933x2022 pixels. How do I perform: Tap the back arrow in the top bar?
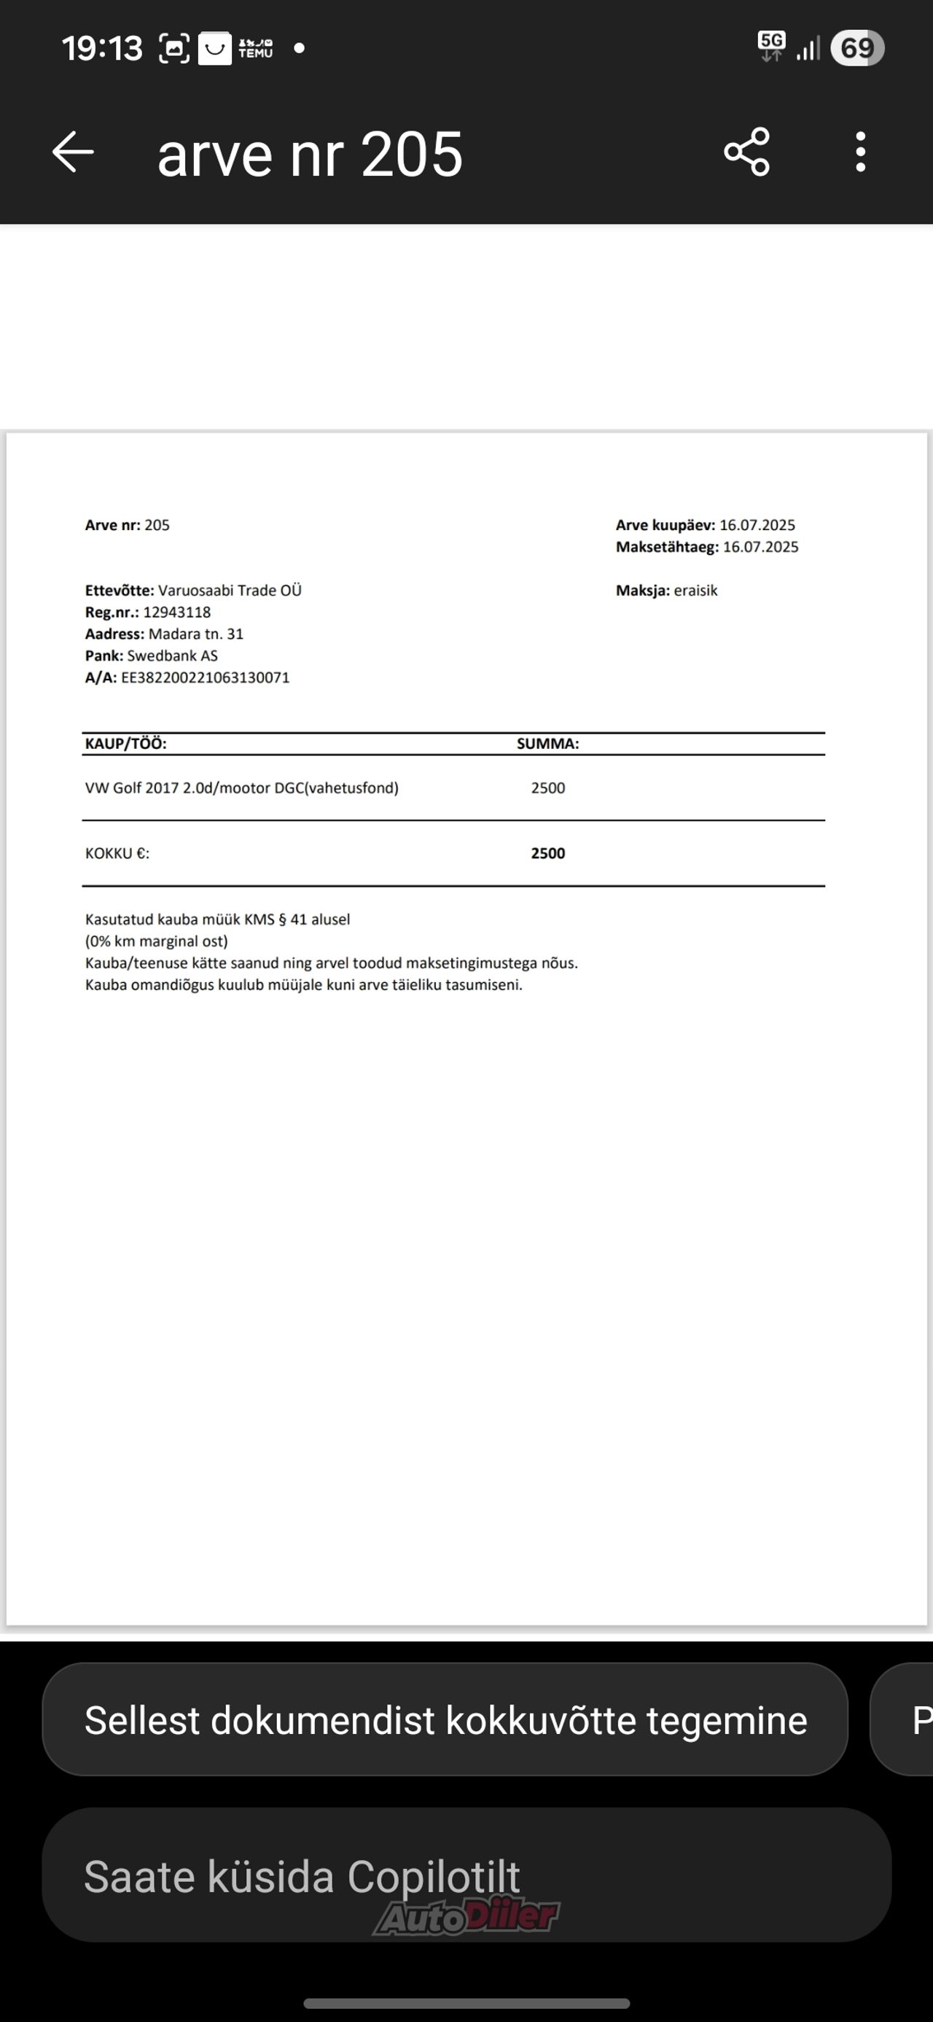click(73, 152)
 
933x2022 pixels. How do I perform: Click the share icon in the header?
click(746, 152)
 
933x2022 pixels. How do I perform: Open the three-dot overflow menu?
click(860, 152)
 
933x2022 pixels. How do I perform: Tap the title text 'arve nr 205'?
click(310, 154)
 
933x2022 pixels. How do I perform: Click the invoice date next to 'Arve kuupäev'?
click(757, 525)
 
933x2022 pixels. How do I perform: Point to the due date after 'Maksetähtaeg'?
click(760, 547)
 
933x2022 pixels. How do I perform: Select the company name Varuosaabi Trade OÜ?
click(230, 591)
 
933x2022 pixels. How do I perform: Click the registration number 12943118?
click(176, 613)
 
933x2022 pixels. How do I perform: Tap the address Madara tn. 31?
click(195, 634)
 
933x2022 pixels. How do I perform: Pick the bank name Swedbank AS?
click(173, 656)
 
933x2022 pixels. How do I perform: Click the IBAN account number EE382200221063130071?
click(205, 677)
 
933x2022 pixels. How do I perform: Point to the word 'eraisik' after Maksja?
click(695, 591)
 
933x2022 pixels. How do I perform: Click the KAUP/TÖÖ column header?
click(125, 743)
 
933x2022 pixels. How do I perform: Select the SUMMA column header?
click(547, 743)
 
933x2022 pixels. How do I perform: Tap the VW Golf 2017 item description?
click(242, 788)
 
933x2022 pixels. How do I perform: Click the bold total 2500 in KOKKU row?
click(547, 853)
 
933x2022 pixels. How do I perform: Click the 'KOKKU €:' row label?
click(117, 853)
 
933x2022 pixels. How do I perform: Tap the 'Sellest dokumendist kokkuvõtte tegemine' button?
click(445, 1720)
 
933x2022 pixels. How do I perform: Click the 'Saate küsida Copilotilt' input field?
click(466, 1875)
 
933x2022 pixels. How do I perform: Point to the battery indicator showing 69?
click(857, 48)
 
